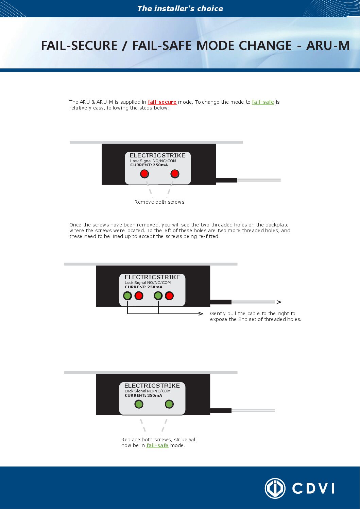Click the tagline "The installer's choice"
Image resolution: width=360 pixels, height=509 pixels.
click(180, 9)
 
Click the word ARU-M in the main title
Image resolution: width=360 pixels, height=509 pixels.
click(328, 46)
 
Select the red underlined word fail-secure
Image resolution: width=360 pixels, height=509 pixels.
click(162, 102)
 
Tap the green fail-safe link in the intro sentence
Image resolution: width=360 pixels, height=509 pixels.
click(263, 102)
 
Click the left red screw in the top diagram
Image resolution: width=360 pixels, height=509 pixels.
click(144, 174)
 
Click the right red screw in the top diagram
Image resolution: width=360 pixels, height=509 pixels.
click(175, 174)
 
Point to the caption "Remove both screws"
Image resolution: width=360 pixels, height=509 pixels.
click(159, 202)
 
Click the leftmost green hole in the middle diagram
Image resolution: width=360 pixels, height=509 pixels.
click(127, 296)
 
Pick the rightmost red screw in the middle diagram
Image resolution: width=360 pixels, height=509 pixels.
click(169, 296)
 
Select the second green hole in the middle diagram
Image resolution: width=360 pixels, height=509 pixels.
click(158, 296)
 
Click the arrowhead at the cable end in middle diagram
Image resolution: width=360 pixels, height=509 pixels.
click(279, 302)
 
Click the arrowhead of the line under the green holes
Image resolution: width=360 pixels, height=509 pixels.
click(201, 314)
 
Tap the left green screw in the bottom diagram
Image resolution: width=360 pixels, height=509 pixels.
click(139, 404)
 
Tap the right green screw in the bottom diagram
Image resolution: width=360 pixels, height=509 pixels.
click(169, 404)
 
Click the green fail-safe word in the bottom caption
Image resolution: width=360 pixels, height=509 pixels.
click(157, 445)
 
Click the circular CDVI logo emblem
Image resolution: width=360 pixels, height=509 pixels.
click(275, 488)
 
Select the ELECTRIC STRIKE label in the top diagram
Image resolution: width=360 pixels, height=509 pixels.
click(157, 155)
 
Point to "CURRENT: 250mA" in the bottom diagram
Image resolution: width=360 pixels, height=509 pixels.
click(143, 396)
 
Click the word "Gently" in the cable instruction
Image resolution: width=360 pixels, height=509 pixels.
click(218, 314)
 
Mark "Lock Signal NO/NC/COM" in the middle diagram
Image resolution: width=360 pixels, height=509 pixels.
click(148, 283)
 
